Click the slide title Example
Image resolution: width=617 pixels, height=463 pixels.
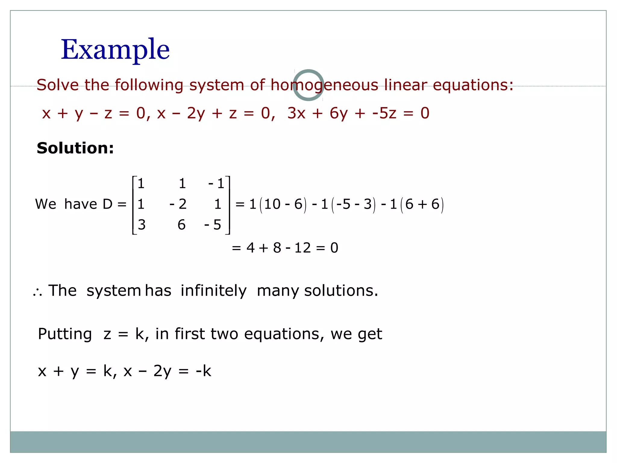click(x=115, y=50)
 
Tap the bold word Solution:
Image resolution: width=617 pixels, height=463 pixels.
click(x=75, y=148)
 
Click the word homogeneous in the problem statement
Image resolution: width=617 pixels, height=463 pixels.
click(x=324, y=85)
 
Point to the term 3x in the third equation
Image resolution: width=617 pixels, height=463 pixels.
click(x=296, y=113)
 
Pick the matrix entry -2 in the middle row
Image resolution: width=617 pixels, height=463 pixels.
click(x=178, y=204)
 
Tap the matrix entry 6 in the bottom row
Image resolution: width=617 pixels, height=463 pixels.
click(x=181, y=225)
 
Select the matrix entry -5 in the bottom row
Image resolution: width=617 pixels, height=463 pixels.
click(x=213, y=225)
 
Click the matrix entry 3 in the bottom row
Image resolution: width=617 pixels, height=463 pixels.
click(x=142, y=225)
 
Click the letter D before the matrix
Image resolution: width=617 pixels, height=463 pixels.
click(x=108, y=204)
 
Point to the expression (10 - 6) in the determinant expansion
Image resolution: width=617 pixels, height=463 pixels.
click(x=283, y=204)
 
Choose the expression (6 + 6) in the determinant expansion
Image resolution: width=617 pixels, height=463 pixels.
click(x=422, y=204)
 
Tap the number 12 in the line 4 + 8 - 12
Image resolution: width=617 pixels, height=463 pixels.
click(x=302, y=248)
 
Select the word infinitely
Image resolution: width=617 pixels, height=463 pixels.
click(x=214, y=291)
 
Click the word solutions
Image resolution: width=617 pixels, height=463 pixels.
click(x=341, y=291)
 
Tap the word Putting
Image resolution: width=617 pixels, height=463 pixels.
click(x=65, y=334)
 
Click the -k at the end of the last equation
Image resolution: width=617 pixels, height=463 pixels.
click(x=203, y=371)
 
